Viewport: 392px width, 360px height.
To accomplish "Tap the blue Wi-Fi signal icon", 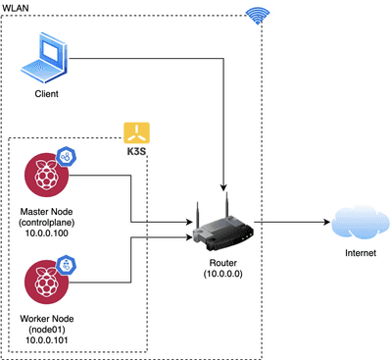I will point(257,15).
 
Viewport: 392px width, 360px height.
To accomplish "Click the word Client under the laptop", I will point(46,94).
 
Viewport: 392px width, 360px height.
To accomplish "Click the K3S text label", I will point(136,153).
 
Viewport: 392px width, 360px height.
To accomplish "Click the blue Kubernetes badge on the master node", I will point(68,157).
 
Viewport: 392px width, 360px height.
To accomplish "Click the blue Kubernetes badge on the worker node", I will point(68,265).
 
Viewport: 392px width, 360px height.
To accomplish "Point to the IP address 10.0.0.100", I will point(46,232).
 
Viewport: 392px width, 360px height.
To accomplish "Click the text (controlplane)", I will point(46,222).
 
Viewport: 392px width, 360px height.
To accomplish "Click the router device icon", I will point(225,227).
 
